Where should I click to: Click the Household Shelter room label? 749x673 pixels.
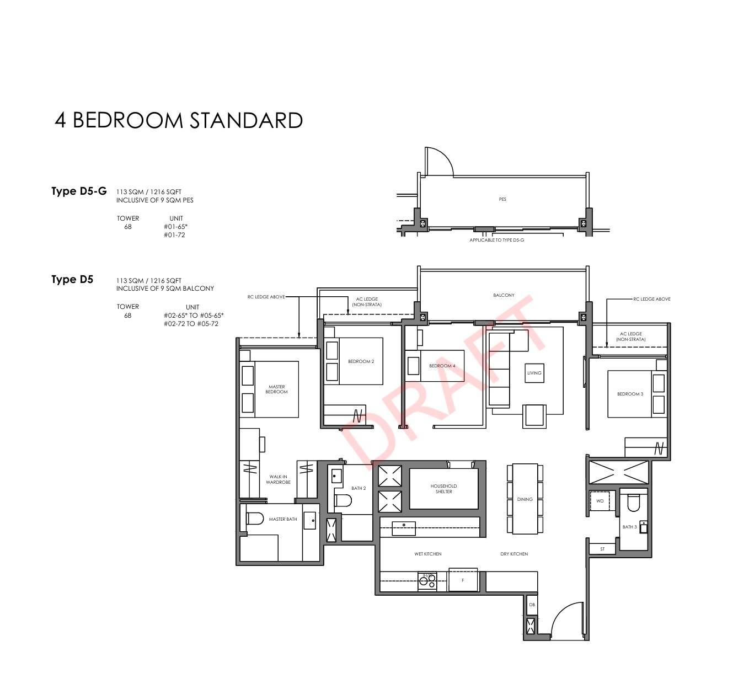(x=443, y=489)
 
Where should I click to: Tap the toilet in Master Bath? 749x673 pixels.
(x=254, y=518)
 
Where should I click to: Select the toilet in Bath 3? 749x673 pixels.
(x=633, y=503)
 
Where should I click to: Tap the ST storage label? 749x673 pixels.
(x=602, y=549)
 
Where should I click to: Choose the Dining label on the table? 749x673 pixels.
(x=525, y=499)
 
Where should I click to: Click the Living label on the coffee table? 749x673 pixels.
(x=534, y=373)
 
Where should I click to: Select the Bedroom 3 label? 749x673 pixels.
(x=630, y=394)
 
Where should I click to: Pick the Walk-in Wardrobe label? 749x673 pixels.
(x=278, y=479)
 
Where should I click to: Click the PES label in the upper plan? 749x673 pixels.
(x=502, y=199)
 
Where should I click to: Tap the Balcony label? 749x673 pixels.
(x=504, y=295)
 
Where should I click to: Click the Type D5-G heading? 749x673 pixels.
(x=79, y=191)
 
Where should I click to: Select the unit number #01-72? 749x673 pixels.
(x=174, y=235)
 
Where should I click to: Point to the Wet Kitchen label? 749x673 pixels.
(x=428, y=553)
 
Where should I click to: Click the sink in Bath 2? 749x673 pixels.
(x=336, y=476)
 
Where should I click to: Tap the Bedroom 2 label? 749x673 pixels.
(x=361, y=361)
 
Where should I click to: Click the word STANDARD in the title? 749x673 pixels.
(x=246, y=121)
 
